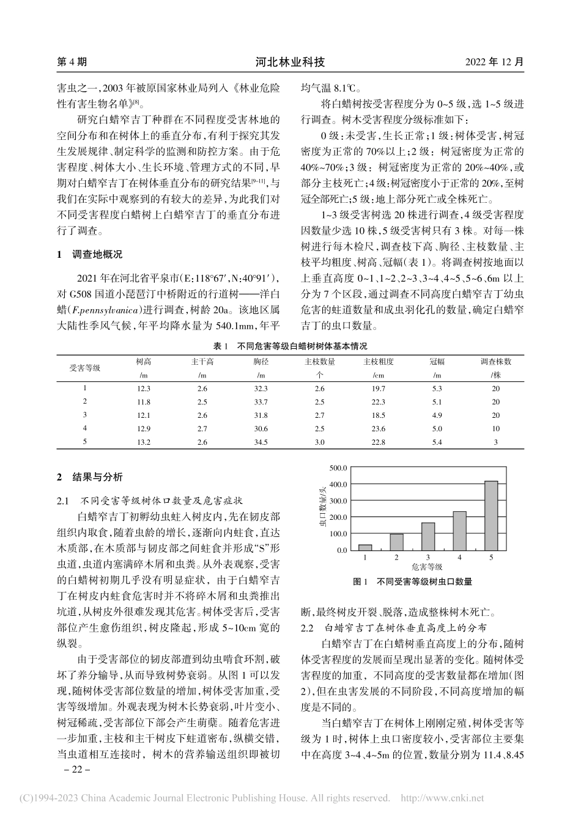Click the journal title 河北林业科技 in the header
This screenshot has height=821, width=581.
[290, 62]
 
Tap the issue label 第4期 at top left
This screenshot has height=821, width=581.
[72, 62]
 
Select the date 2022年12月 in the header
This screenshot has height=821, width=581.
[495, 62]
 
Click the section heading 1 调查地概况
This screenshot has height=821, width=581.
[89, 254]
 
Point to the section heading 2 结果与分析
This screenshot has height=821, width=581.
[89, 476]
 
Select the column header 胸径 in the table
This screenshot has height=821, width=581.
[261, 362]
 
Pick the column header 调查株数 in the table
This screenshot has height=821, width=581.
[495, 362]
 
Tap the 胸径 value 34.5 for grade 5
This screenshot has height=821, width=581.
[261, 442]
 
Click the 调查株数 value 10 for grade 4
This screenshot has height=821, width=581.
[495, 429]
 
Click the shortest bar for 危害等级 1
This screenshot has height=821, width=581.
[365, 547]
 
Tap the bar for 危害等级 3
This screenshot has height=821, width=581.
[428, 536]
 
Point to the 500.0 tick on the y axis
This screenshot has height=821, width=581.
[338, 468]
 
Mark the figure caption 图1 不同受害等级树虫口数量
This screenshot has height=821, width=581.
[413, 582]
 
